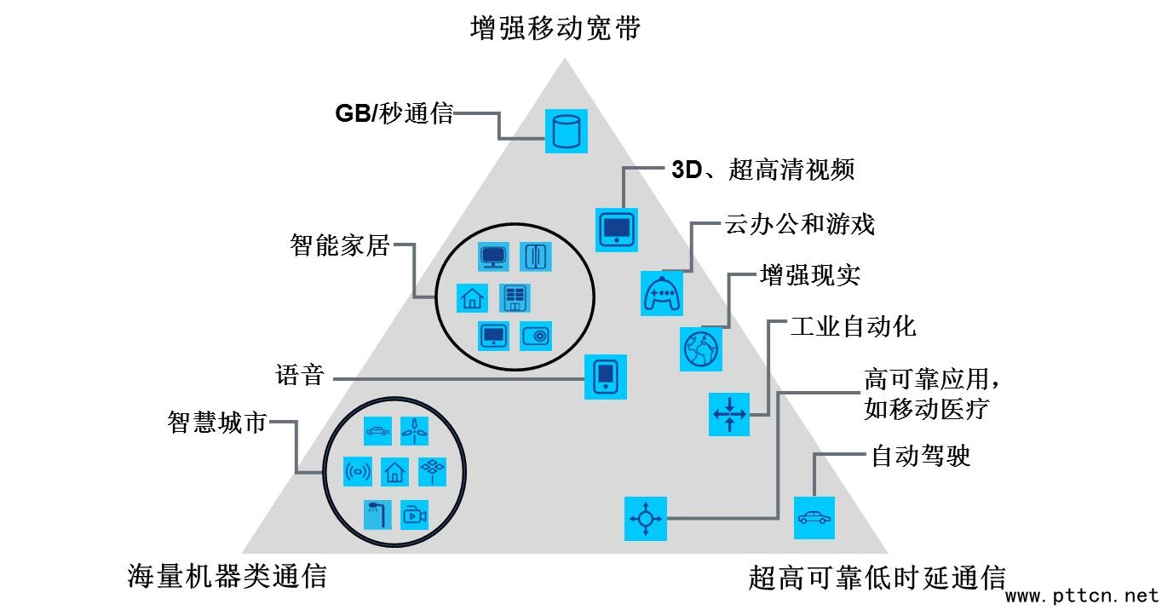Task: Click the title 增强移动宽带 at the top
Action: pos(555,29)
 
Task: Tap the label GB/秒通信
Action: pos(394,113)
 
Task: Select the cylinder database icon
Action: pos(567,131)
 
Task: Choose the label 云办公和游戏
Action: pos(800,225)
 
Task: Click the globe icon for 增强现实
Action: pos(701,349)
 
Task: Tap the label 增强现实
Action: pos(809,276)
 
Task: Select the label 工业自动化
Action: pos(853,326)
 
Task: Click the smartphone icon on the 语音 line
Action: pos(606,377)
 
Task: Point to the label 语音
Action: pos(300,376)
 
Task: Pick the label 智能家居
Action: pos(339,247)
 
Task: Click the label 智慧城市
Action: pos(217,423)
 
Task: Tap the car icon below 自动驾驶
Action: pos(814,517)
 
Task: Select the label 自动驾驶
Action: pos(920,457)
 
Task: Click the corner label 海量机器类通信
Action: pos(227,577)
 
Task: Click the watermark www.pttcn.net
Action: pos(1082,595)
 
